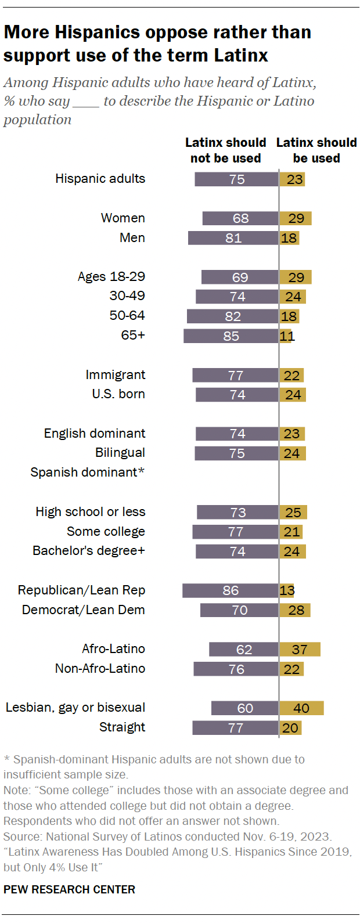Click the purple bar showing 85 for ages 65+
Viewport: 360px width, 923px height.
(231, 336)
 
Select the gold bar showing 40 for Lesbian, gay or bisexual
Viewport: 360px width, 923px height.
(301, 708)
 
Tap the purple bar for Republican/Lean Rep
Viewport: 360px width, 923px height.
(230, 590)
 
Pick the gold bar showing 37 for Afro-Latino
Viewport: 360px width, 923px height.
(300, 650)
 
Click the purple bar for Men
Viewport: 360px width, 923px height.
(233, 238)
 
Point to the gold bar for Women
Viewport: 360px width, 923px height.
(296, 218)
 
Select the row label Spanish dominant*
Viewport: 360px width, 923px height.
(87, 473)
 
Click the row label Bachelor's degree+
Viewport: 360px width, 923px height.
(89, 551)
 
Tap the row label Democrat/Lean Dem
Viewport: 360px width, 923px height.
(84, 610)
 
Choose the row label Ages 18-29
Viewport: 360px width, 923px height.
(111, 277)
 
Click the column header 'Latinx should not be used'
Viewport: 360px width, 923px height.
(225, 150)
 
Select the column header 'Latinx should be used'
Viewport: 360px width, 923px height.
(316, 150)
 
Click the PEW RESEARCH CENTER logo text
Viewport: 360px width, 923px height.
(69, 889)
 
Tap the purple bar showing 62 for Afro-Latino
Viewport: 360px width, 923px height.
(244, 650)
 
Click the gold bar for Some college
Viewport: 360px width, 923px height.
(291, 532)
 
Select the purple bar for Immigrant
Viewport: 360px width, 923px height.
(235, 376)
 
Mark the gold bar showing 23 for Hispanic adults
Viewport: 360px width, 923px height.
(292, 179)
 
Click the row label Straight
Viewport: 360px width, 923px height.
(122, 727)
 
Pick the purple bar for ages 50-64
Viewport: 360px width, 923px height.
(232, 316)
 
